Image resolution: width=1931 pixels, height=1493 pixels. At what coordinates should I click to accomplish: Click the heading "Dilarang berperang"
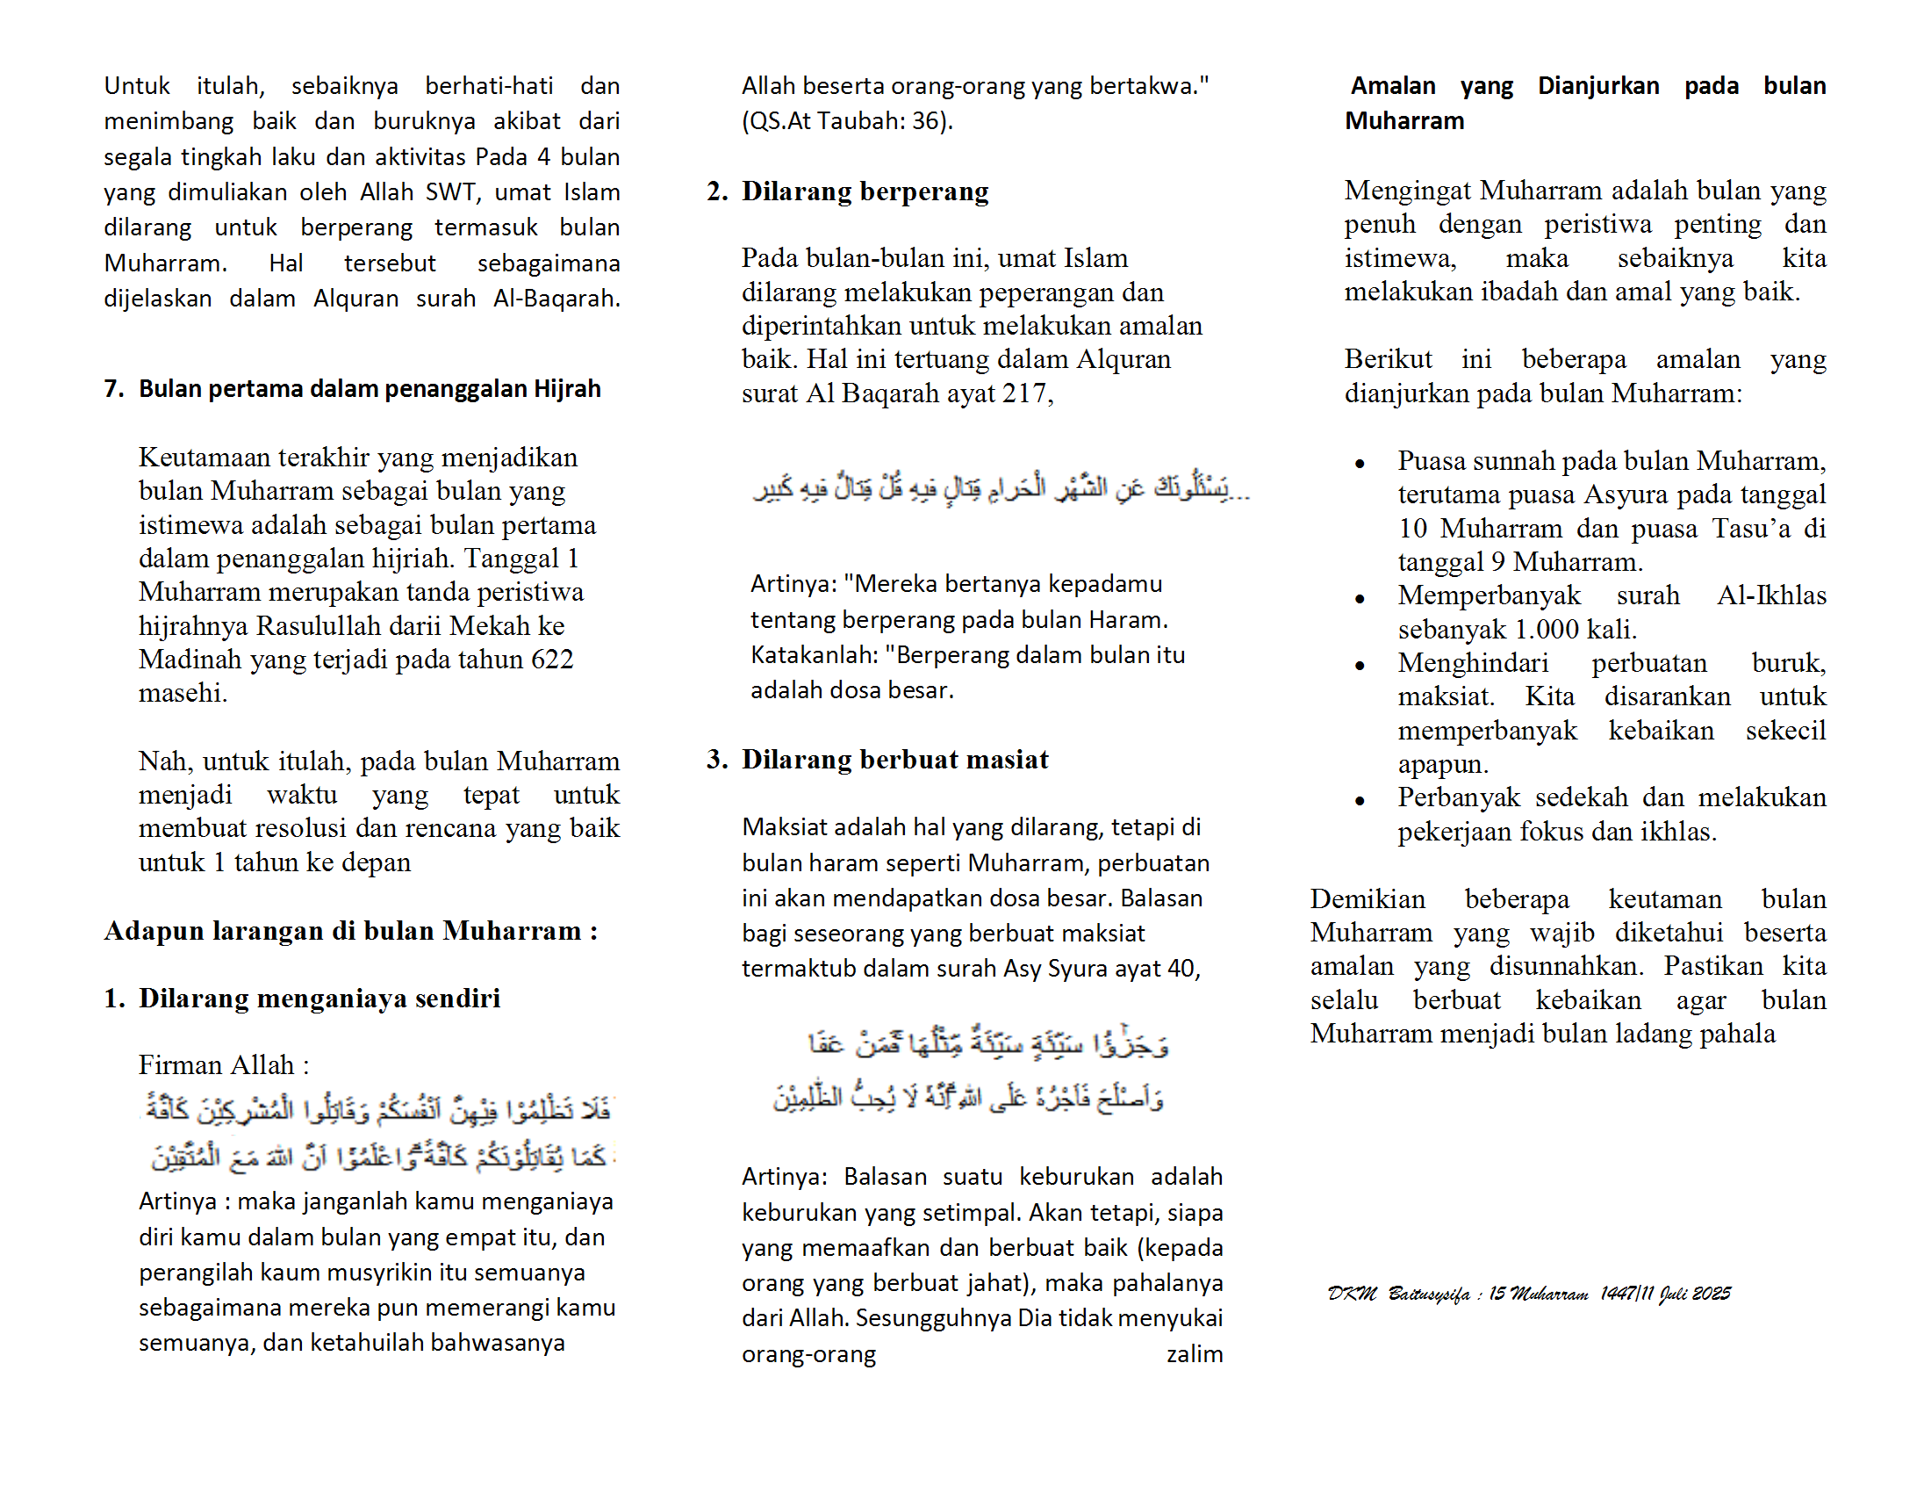865,191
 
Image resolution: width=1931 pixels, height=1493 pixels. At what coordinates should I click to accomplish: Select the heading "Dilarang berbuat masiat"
894,759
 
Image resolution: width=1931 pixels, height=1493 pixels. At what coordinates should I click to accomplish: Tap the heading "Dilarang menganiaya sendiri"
319,998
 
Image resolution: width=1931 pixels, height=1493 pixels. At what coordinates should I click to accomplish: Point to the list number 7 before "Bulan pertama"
113,389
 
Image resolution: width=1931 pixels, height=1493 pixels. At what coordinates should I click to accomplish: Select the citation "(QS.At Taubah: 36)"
846,120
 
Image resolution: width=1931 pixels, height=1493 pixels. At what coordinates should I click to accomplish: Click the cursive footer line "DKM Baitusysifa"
1528,1294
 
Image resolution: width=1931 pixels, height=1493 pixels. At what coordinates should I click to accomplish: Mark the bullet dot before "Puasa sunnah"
1360,464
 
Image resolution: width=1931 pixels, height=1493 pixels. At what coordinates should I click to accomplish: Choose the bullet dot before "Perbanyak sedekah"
1360,800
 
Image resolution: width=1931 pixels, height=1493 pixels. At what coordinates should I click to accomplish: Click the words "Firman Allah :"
224,1064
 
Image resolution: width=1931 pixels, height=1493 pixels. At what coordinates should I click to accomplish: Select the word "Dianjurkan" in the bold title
1597,86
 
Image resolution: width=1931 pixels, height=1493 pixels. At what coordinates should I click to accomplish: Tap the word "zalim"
1194,1354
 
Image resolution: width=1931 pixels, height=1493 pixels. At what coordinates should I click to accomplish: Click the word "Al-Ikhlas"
1771,595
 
